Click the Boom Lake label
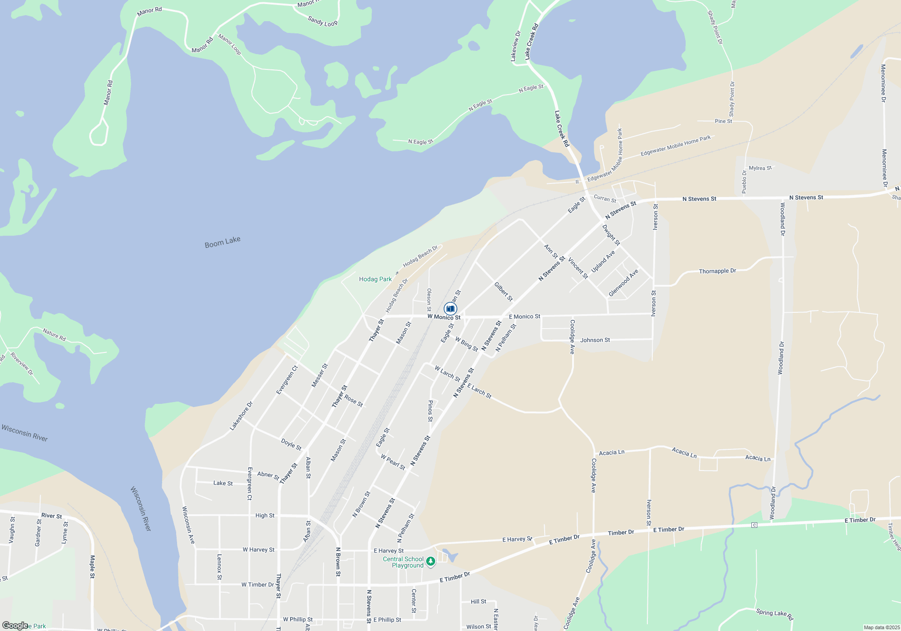(223, 242)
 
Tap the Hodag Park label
(375, 279)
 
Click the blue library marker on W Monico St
(450, 309)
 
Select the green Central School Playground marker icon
(431, 561)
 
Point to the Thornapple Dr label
(717, 271)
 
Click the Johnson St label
(595, 340)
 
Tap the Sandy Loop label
(323, 21)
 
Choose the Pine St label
(723, 121)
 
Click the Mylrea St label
(760, 168)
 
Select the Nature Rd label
(54, 335)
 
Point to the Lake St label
(223, 483)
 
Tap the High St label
(265, 516)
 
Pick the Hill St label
(478, 602)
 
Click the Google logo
(15, 626)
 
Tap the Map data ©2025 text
(882, 627)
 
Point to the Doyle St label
(291, 444)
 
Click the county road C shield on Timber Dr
(754, 525)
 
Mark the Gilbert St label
(503, 292)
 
